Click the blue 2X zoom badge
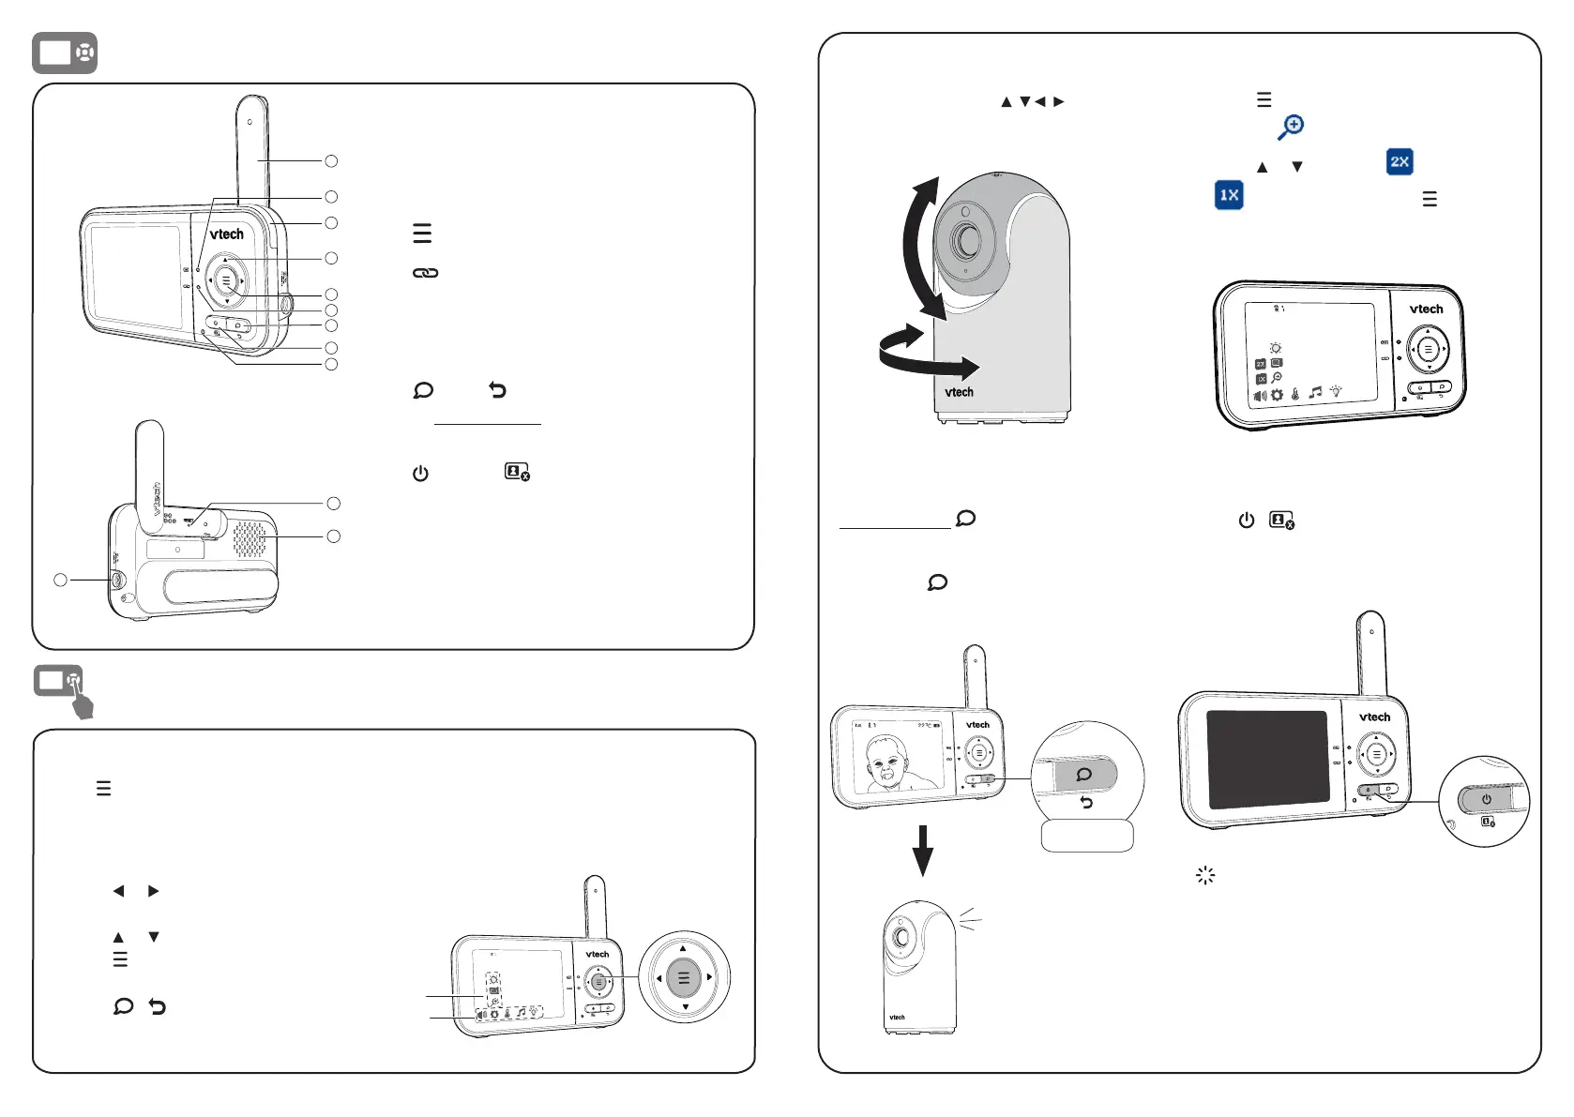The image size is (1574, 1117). pos(1400,161)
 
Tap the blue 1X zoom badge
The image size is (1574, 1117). pos(1229,195)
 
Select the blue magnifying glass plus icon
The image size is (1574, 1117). pos(1291,127)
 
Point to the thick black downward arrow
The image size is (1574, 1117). pos(923,850)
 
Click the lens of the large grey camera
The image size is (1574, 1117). pos(966,241)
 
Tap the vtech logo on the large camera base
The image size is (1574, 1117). pos(959,392)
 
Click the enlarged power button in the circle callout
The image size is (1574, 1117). pos(1486,800)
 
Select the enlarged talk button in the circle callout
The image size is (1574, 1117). pos(1084,775)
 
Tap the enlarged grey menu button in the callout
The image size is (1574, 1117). pos(684,978)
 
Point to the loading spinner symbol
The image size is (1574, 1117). pos(1205,876)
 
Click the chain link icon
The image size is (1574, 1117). pos(425,273)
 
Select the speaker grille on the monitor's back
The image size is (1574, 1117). pos(249,538)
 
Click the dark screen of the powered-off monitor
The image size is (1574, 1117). pos(1266,760)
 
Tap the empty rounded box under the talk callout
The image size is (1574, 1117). pos(1087,836)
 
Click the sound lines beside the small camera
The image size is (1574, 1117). pos(970,920)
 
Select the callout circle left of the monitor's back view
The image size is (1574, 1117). pos(60,581)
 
